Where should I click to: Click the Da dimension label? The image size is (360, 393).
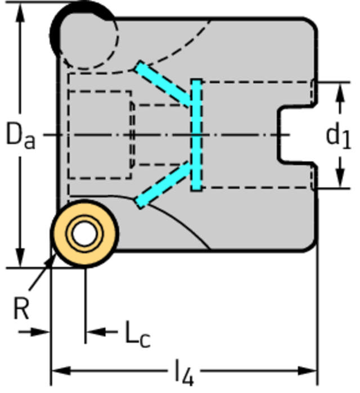(20, 135)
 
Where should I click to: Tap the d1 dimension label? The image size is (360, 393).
(339, 135)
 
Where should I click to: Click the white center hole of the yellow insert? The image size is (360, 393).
(84, 234)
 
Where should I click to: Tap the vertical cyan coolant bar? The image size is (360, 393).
(196, 135)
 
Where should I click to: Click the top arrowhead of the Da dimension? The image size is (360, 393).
(21, 11)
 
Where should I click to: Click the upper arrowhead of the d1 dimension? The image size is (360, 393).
(340, 90)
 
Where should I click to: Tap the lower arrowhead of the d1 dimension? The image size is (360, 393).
(340, 180)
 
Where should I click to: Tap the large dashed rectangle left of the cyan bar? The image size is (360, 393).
(100, 135)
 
